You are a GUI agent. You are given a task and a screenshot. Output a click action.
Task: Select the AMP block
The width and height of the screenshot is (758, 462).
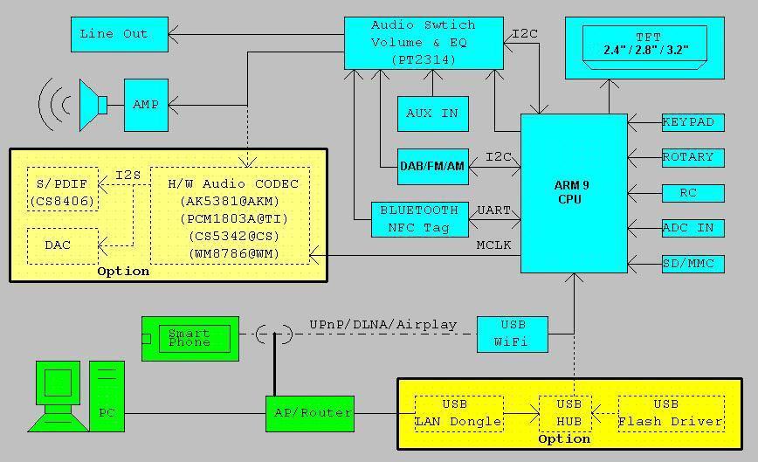click(146, 105)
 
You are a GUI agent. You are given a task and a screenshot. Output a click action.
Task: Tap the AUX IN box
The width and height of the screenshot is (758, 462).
click(432, 114)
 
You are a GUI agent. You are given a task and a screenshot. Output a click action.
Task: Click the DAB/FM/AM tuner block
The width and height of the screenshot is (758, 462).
click(432, 166)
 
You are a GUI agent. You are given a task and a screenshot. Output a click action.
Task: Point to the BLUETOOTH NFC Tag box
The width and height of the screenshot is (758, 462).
click(419, 218)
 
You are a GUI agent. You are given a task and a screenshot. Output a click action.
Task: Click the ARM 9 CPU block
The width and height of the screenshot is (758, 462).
click(574, 193)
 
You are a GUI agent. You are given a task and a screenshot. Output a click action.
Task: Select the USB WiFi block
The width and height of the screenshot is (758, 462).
click(512, 334)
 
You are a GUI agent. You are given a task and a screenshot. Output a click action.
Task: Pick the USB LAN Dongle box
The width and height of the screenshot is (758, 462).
click(458, 413)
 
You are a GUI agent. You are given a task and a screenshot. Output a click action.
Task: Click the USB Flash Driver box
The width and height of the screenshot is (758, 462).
click(671, 413)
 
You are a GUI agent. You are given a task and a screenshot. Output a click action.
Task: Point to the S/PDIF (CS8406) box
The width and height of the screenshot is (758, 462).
click(62, 192)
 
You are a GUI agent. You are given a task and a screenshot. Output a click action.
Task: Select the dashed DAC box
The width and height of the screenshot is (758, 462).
click(62, 245)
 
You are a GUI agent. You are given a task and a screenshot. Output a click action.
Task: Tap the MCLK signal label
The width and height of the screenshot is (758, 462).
click(493, 245)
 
